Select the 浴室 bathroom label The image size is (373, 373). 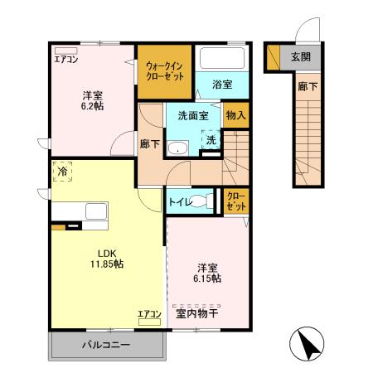point(220,85)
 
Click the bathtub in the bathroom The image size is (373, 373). point(221,61)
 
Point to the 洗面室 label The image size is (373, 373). point(192,116)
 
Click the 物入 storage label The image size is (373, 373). point(235,115)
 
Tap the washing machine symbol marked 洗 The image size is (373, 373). point(211,142)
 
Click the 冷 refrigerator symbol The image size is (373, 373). point(63,172)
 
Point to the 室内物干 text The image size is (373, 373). point(197,312)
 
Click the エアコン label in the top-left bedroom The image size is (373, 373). point(65,60)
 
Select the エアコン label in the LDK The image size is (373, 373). point(148,313)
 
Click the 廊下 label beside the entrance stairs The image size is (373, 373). point(304,85)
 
